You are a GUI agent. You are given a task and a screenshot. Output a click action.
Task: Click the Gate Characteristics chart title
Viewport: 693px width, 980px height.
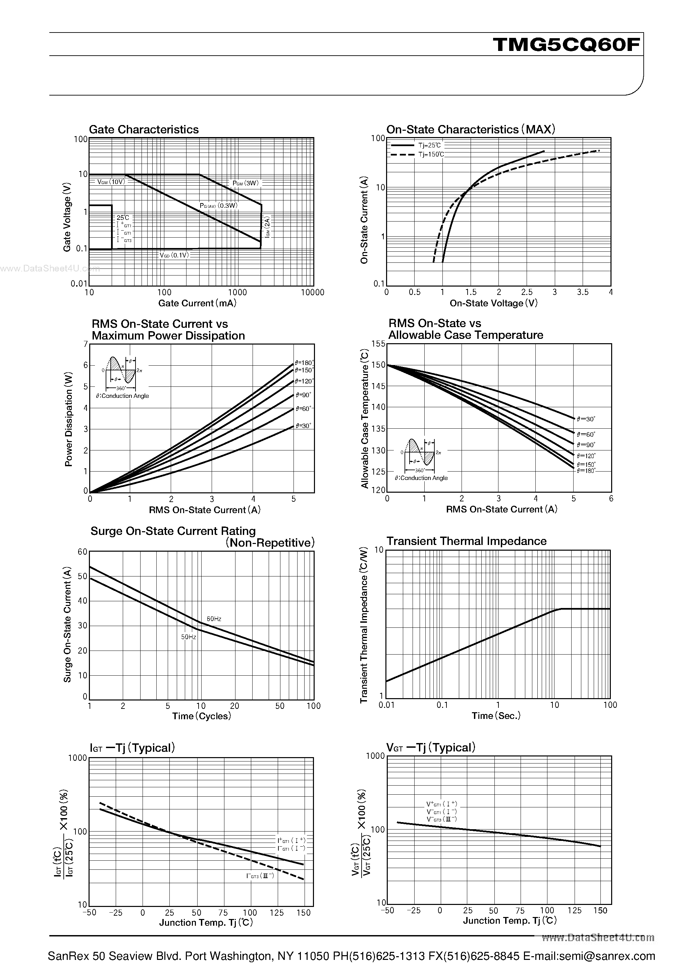tap(144, 129)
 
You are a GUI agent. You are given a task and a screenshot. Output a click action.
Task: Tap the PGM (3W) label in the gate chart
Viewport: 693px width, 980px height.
tap(246, 183)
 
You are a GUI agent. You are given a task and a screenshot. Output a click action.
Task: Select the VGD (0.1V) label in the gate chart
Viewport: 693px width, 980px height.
tap(174, 255)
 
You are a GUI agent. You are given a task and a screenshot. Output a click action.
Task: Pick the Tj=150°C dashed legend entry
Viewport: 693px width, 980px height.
tap(431, 155)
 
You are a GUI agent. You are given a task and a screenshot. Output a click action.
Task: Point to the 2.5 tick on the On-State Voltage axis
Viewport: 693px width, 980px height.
tap(527, 292)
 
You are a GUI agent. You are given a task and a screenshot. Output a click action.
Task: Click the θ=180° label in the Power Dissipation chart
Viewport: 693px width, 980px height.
tap(304, 363)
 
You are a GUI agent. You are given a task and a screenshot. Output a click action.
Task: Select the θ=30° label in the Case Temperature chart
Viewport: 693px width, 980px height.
tap(585, 419)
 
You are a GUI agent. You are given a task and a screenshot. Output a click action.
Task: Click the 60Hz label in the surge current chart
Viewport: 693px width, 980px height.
tap(214, 619)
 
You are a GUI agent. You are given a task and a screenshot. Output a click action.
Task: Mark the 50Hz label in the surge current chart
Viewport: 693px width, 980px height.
tap(189, 637)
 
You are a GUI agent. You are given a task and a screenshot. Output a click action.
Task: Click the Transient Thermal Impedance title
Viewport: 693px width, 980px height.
tap(466, 541)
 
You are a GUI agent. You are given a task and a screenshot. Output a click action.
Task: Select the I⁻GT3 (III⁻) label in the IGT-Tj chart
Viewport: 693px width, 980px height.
tap(260, 876)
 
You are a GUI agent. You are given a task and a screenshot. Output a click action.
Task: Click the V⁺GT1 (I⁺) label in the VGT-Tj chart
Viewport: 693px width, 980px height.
tap(441, 804)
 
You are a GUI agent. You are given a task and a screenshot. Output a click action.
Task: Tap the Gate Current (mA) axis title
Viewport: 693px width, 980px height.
tap(197, 303)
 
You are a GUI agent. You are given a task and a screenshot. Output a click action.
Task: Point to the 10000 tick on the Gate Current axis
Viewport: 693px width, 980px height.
tap(312, 292)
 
